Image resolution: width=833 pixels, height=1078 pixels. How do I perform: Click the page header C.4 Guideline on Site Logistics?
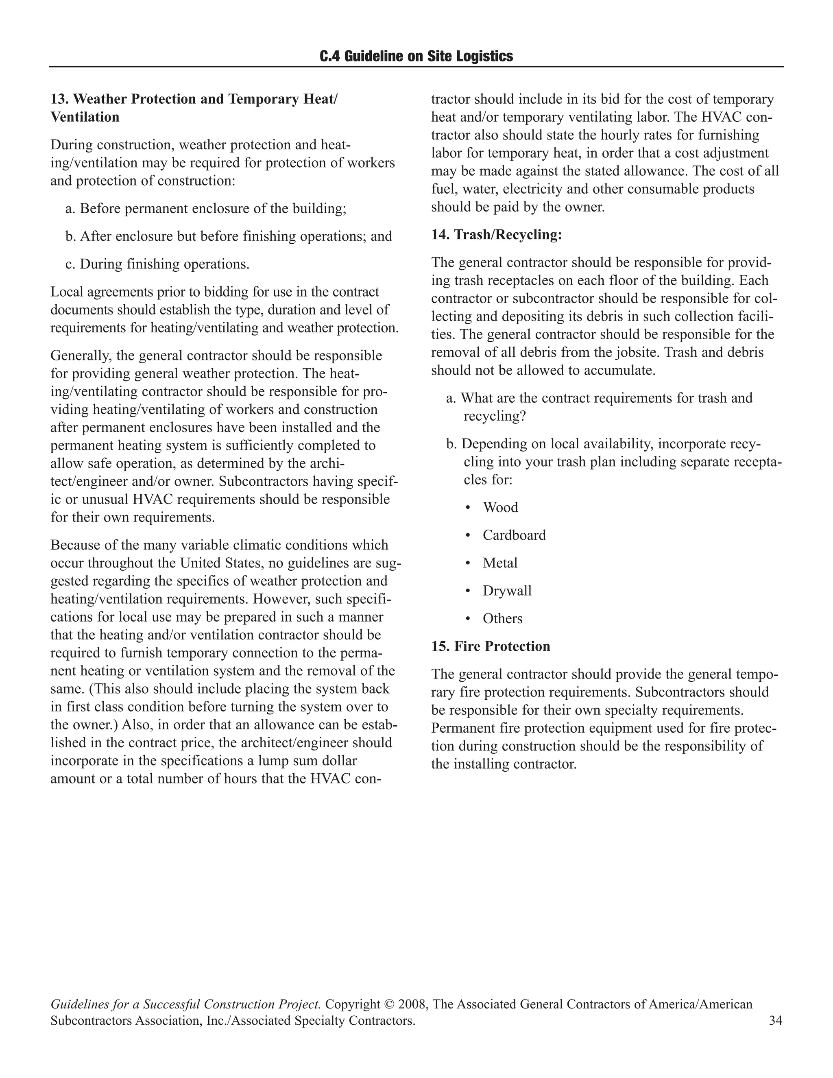pos(416,56)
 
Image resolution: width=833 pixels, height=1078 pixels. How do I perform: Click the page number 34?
pos(775,1021)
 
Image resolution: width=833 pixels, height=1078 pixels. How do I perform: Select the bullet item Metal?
pos(500,563)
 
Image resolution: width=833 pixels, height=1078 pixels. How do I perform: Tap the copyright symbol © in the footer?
pos(388,1004)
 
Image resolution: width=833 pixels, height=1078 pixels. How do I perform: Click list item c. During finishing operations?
pos(157,264)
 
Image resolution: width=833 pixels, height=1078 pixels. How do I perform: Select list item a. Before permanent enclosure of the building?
pos(206,209)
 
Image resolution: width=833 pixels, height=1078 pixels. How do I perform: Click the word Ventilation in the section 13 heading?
pos(85,117)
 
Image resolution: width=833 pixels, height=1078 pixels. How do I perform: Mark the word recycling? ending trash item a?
pos(495,416)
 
